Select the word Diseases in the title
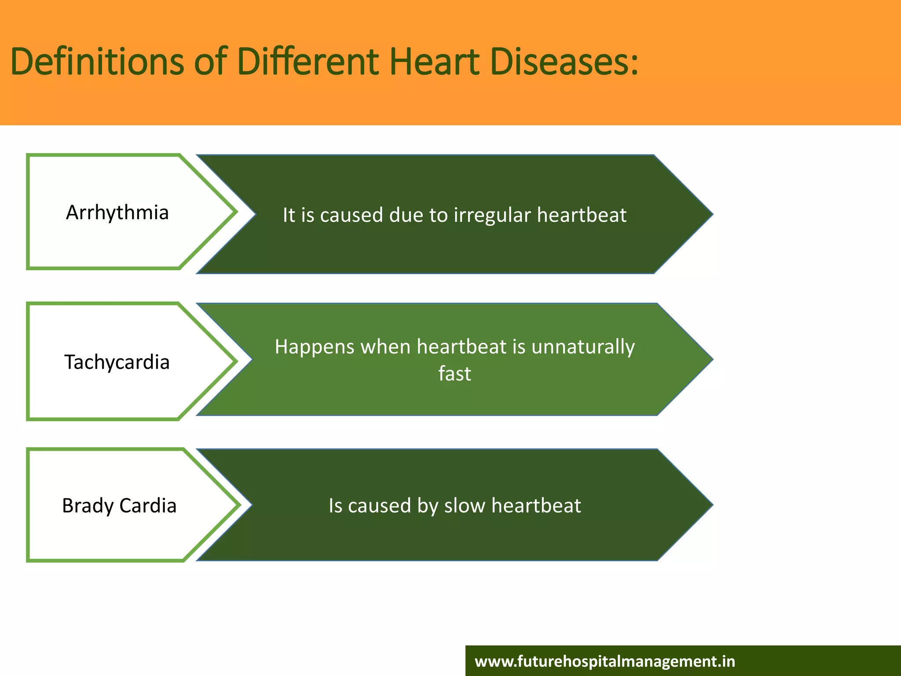pyautogui.click(x=563, y=62)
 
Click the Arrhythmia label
pyautogui.click(x=117, y=213)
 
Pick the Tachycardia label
pyautogui.click(x=117, y=363)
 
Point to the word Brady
pyautogui.click(x=88, y=506)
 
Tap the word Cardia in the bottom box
pyautogui.click(x=148, y=506)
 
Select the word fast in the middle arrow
pyautogui.click(x=454, y=374)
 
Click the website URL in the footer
pyautogui.click(x=605, y=661)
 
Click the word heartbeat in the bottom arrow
pyautogui.click(x=536, y=506)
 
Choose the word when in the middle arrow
pyautogui.click(x=386, y=347)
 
